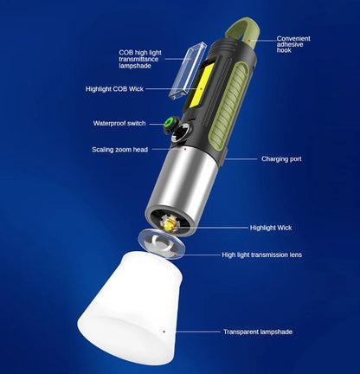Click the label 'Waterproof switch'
pos(120,123)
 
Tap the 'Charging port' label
pos(280,159)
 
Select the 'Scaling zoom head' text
pos(119,150)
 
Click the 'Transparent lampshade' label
pos(258,332)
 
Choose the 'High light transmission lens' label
pos(262,255)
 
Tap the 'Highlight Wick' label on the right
pos(271,228)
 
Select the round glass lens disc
pos(162,244)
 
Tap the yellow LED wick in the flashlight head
pos(171,225)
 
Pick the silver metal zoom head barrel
pos(179,182)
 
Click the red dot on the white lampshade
pos(164,331)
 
